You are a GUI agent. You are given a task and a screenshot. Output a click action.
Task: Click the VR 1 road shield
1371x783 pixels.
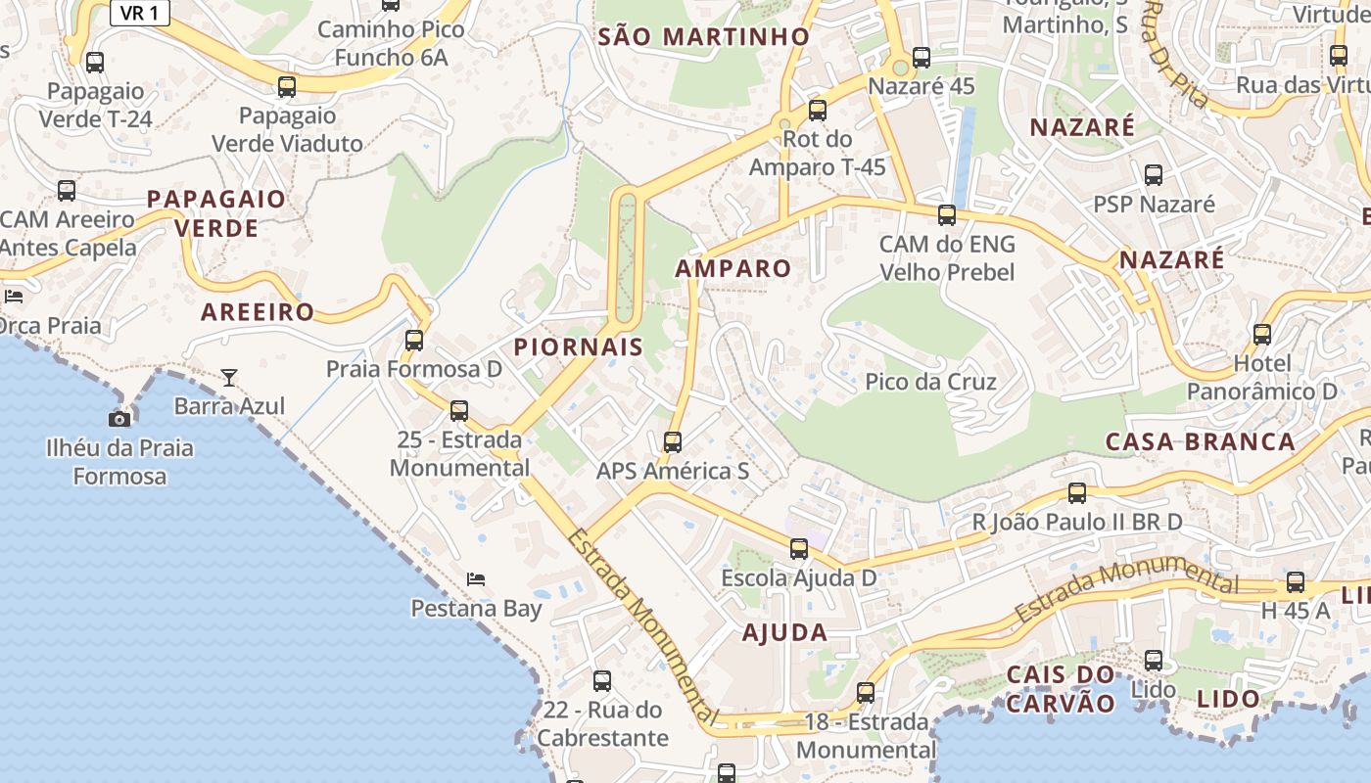pyautogui.click(x=140, y=13)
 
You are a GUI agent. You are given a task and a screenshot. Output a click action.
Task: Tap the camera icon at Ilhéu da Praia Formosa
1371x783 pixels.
pyautogui.click(x=119, y=419)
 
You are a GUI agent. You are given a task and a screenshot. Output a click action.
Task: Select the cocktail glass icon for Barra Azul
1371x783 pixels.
pyautogui.click(x=229, y=377)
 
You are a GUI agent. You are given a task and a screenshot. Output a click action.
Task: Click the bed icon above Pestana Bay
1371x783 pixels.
pyautogui.click(x=476, y=579)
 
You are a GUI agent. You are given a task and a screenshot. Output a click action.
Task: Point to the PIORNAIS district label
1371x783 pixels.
pyautogui.click(x=579, y=346)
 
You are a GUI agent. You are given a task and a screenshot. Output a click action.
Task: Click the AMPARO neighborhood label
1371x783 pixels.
pyautogui.click(x=733, y=268)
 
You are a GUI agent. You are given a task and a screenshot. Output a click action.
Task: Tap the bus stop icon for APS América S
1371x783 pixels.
pyautogui.click(x=673, y=442)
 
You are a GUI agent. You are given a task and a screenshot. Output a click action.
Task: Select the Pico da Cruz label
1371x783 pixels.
pyautogui.click(x=930, y=382)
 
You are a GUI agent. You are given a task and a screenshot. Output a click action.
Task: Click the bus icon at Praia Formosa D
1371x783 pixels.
pyautogui.click(x=414, y=341)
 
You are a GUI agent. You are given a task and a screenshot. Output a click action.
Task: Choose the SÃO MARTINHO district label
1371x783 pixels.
pyautogui.click(x=704, y=37)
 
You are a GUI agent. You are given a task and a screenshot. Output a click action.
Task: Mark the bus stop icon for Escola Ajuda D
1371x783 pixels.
pyautogui.click(x=799, y=549)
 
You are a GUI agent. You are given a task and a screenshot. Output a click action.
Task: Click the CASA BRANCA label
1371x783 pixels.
pyautogui.click(x=1200, y=441)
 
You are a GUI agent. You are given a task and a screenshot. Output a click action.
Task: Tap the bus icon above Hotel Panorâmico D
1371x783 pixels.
pyautogui.click(x=1262, y=335)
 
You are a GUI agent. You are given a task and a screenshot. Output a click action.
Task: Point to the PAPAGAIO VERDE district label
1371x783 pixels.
pyautogui.click(x=216, y=213)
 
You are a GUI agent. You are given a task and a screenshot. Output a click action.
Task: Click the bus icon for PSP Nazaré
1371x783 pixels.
pyautogui.click(x=1154, y=175)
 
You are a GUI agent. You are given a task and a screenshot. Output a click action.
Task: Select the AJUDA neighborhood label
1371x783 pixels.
pyautogui.click(x=784, y=632)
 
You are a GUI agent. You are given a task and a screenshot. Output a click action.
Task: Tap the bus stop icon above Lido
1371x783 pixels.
pyautogui.click(x=1154, y=661)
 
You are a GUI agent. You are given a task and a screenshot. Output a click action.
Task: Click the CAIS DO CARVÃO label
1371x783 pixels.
pyautogui.click(x=1061, y=689)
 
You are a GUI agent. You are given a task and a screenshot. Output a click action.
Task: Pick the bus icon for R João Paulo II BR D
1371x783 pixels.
pyautogui.click(x=1077, y=493)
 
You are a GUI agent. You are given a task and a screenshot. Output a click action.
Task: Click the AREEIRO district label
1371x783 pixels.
pyautogui.click(x=258, y=312)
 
